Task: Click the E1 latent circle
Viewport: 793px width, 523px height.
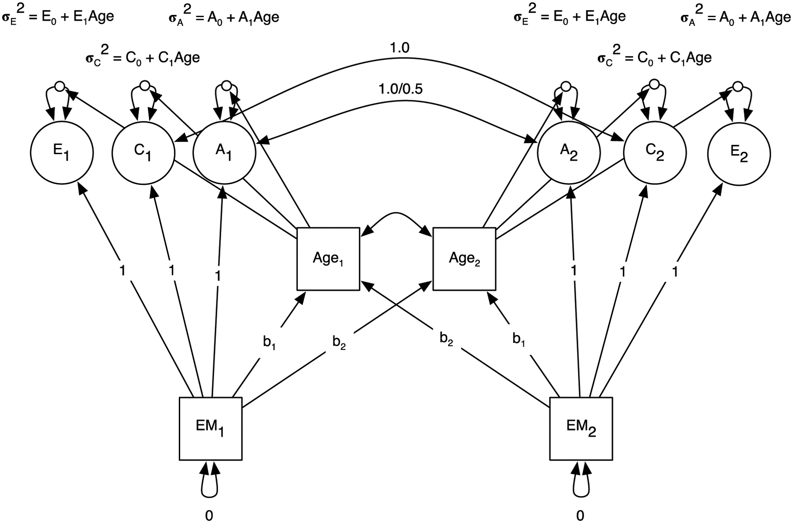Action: [x=62, y=153]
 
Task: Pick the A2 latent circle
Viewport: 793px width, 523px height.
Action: [x=569, y=153]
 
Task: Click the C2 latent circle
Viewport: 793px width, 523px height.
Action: [x=655, y=153]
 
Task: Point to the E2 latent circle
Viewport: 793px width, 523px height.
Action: [x=739, y=154]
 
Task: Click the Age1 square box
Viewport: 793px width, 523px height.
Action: [x=328, y=259]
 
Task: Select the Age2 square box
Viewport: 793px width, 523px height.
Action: [x=464, y=259]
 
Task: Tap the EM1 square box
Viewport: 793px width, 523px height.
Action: [x=211, y=429]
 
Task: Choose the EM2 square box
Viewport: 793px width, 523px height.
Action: [x=581, y=429]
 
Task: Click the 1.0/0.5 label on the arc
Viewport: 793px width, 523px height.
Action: [x=400, y=89]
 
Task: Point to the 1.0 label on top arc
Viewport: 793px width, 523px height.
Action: [x=400, y=48]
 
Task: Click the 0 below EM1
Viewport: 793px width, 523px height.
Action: [x=209, y=515]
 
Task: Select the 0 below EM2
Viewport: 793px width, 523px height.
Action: [x=580, y=515]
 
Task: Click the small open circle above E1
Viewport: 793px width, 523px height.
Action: [x=60, y=85]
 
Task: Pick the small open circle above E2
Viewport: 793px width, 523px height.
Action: [x=737, y=86]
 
